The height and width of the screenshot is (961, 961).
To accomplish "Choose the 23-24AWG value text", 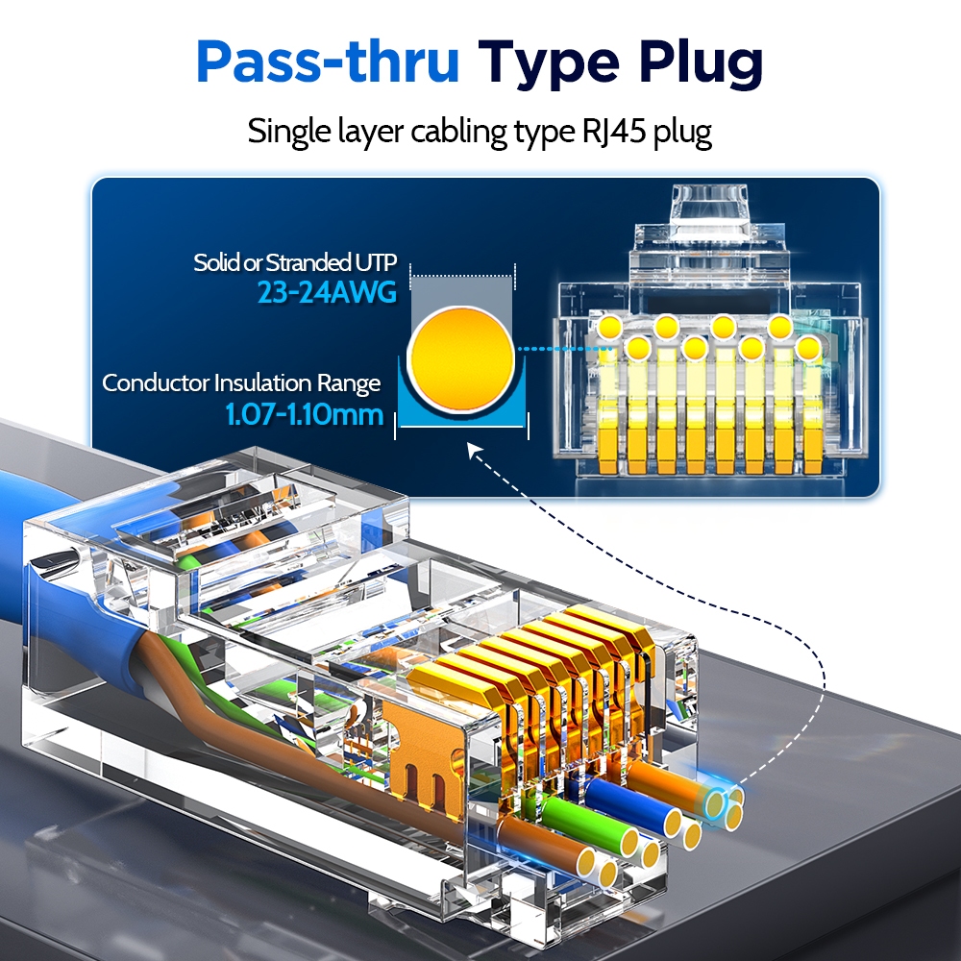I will (327, 292).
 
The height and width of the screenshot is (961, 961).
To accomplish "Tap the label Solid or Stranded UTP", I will (295, 262).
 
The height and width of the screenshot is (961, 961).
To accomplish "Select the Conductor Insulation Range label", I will (241, 383).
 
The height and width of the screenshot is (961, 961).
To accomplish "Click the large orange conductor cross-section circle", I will (462, 356).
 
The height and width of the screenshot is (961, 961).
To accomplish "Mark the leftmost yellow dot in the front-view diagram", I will (606, 330).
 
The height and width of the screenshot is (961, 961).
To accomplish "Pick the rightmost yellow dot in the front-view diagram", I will (808, 347).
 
